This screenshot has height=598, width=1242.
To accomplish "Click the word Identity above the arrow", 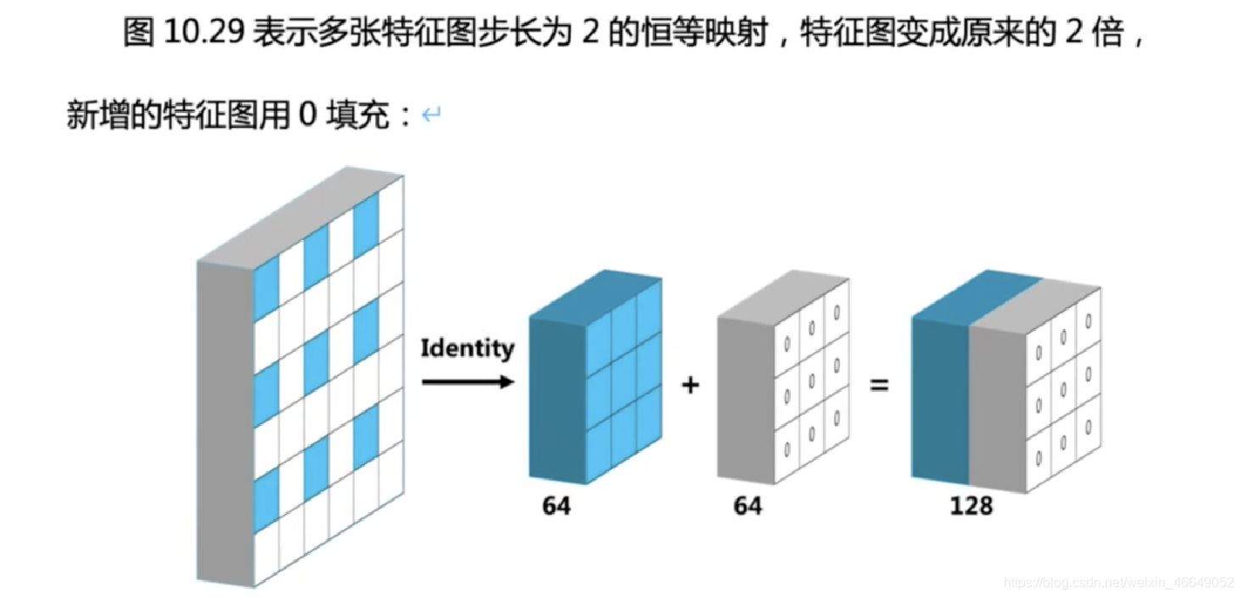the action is tap(467, 349).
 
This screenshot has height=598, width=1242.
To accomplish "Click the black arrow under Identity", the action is tap(467, 382).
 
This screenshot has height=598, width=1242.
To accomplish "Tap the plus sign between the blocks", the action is tap(691, 386).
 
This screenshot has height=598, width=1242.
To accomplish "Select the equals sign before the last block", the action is tap(879, 386).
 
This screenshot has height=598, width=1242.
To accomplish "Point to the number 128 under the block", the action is tap(971, 506).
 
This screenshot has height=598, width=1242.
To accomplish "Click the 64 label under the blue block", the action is tap(557, 506).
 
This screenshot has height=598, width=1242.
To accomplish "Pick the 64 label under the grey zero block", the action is tap(747, 506).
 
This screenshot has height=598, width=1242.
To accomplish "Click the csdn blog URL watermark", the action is tap(1117, 583).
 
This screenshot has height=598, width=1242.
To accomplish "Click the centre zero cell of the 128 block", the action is tap(1063, 386).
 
